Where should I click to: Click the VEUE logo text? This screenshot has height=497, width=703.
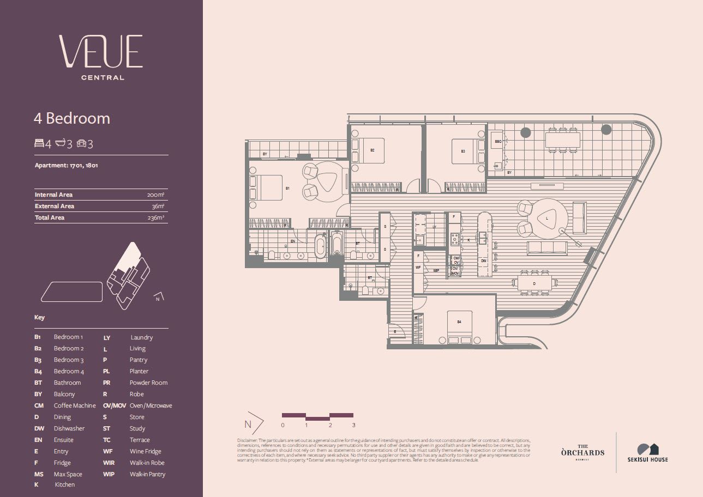click(x=101, y=51)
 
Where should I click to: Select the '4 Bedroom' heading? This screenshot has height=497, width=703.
click(x=72, y=118)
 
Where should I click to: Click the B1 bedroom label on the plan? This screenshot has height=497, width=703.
click(x=287, y=188)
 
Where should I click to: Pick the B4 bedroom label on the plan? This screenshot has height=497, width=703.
click(x=459, y=322)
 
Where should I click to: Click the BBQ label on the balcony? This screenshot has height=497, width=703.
click(x=497, y=141)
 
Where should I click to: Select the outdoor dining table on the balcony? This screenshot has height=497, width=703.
click(x=562, y=140)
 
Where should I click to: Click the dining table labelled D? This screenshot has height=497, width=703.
click(x=534, y=283)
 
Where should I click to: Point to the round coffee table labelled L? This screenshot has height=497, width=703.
click(x=546, y=218)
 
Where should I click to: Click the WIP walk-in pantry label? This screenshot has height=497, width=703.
click(x=436, y=270)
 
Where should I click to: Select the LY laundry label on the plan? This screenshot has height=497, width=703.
click(x=434, y=226)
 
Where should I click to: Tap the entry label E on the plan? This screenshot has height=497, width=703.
click(x=395, y=331)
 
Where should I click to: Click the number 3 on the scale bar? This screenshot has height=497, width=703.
click(x=353, y=425)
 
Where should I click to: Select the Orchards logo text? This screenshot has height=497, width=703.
click(x=582, y=452)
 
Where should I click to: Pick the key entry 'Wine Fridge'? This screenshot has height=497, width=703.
click(x=145, y=451)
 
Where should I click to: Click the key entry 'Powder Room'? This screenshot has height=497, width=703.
click(x=148, y=383)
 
